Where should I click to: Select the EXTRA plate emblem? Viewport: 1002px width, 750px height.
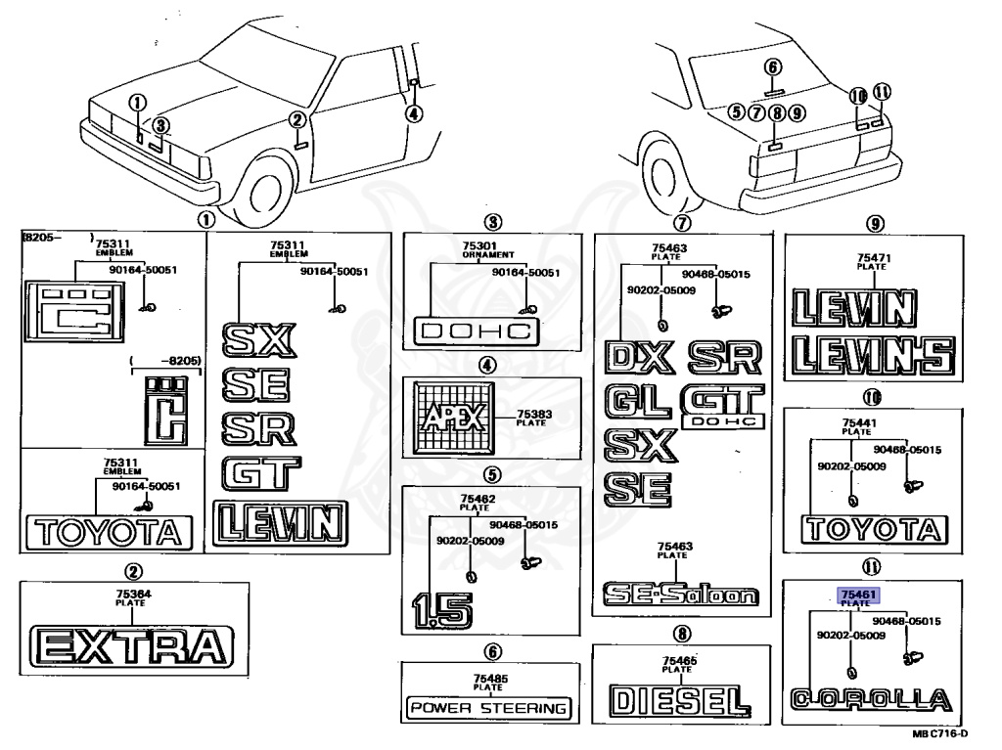tap(131, 646)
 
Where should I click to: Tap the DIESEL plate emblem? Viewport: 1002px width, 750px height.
tap(674, 700)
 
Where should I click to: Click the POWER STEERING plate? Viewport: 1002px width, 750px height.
tap(489, 707)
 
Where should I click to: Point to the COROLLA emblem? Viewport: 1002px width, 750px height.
tap(869, 700)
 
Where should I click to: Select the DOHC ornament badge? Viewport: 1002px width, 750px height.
tap(477, 331)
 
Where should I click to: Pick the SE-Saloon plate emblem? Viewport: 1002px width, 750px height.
tap(679, 594)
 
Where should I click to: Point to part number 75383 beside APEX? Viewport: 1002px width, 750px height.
tap(533, 415)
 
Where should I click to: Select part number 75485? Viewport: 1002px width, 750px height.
tap(488, 679)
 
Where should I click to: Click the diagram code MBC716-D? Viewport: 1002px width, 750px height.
tap(939, 733)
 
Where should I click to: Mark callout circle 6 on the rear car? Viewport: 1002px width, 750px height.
tap(773, 67)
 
